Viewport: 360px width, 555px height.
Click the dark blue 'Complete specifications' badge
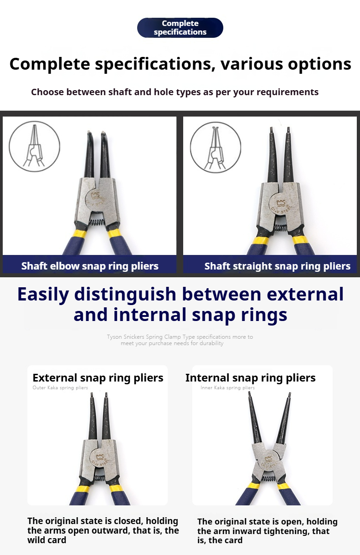tap(180, 27)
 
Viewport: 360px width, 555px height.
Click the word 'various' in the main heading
tap(252, 64)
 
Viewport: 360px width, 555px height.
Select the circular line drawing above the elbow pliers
tap(35, 146)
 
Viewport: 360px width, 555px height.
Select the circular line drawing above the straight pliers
tap(216, 147)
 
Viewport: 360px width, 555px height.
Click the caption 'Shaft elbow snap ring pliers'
tap(90, 266)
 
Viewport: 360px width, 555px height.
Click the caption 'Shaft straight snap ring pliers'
tap(278, 266)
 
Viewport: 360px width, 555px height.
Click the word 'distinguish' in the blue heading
tap(125, 294)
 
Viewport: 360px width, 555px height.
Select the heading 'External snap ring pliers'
tap(98, 378)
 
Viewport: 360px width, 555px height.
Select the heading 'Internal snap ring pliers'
tap(251, 378)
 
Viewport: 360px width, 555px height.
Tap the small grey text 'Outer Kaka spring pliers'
tap(60, 388)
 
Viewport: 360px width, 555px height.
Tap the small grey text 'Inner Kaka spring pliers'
tap(227, 388)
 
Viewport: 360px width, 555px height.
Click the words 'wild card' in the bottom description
tap(47, 540)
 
